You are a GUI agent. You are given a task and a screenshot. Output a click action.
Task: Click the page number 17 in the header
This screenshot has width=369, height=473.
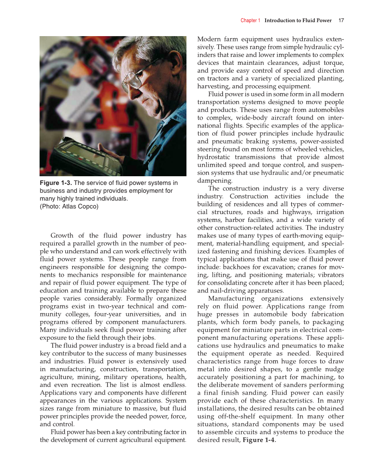[x=341, y=20]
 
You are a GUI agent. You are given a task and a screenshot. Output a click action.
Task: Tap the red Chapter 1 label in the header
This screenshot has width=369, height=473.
[x=250, y=20]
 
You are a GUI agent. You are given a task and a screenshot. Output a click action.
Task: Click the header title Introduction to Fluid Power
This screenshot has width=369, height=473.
[x=298, y=20]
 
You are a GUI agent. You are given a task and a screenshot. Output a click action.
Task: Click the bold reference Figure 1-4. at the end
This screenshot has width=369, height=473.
[x=259, y=440]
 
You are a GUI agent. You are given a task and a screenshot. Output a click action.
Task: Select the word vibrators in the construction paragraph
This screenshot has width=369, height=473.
[x=329, y=275]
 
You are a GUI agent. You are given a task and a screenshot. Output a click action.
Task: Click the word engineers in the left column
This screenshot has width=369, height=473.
[x=55, y=259]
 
